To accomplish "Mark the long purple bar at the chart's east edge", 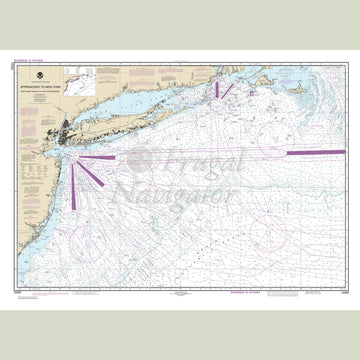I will [315, 152].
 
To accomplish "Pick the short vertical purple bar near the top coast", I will [213, 91].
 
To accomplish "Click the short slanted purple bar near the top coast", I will [227, 90].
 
